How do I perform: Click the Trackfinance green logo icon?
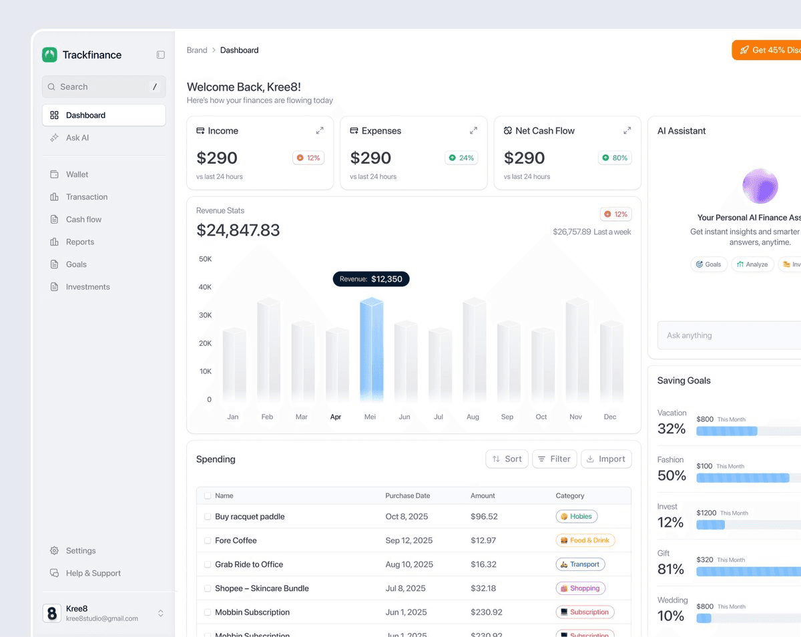49,55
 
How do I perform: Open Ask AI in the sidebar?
77,138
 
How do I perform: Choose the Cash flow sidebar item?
83,219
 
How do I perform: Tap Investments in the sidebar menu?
87,286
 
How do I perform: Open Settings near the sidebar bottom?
80,550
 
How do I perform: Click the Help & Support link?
93,573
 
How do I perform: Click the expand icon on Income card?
320,131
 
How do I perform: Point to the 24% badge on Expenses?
461,158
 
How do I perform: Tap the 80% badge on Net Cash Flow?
615,158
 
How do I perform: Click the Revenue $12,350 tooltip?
371,279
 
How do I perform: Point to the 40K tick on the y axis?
206,287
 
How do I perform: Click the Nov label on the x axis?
575,417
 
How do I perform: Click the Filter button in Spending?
554,459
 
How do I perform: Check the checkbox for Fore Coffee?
208,540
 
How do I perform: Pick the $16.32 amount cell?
483,564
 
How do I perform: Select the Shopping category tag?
580,588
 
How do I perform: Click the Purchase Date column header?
407,495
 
